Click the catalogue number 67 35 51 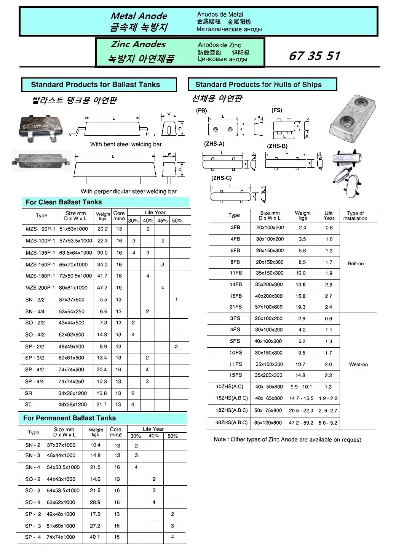pyautogui.click(x=314, y=56)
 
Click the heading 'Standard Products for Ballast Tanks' pyautogui.click(x=95, y=85)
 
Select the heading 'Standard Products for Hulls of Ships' pyautogui.click(x=258, y=85)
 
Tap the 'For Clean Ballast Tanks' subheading pyautogui.click(x=64, y=202)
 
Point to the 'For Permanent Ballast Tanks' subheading pyautogui.click(x=69, y=418)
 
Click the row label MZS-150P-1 pyautogui.click(x=40, y=264)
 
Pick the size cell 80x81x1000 pyautogui.click(x=73, y=288)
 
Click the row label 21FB pyautogui.click(x=236, y=307)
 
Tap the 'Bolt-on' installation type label pyautogui.click(x=356, y=264)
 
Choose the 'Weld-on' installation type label pyautogui.click(x=358, y=364)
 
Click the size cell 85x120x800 pyautogui.click(x=268, y=422)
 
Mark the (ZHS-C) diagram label pyautogui.click(x=222, y=178)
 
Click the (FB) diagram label pyautogui.click(x=201, y=111)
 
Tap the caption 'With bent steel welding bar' pyautogui.click(x=126, y=144)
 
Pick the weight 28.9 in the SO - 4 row pyautogui.click(x=95, y=502)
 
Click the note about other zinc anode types pyautogui.click(x=288, y=440)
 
